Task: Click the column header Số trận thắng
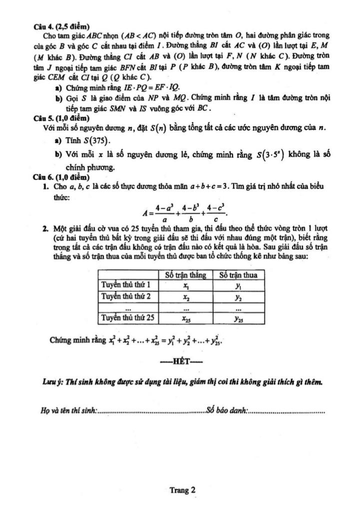tap(185, 275)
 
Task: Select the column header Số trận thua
tap(238, 275)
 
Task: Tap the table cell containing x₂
tap(185, 296)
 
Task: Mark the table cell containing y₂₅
tap(238, 317)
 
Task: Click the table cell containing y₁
tap(238, 285)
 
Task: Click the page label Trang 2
tap(181, 490)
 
